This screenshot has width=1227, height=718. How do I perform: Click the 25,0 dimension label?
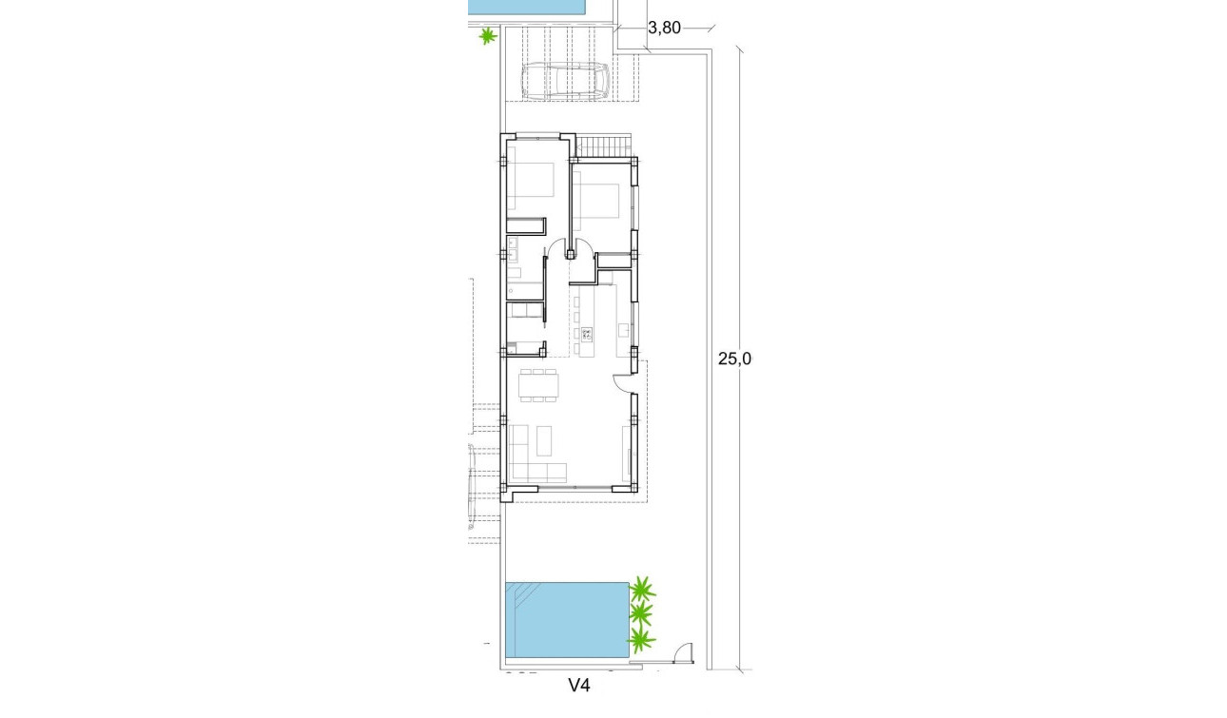pyautogui.click(x=734, y=359)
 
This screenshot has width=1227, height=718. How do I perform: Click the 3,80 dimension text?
pyautogui.click(x=663, y=28)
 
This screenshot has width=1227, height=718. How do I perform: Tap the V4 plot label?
pyautogui.click(x=580, y=684)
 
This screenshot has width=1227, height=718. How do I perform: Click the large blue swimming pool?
pyautogui.click(x=571, y=620)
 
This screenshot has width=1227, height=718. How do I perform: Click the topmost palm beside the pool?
pyautogui.click(x=643, y=587)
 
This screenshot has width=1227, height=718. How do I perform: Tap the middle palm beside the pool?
pyautogui.click(x=642, y=612)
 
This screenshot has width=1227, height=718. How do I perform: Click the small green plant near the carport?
pyautogui.click(x=487, y=37)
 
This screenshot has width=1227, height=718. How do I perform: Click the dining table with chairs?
pyautogui.click(x=538, y=385)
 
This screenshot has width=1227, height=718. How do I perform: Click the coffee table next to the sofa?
pyautogui.click(x=544, y=438)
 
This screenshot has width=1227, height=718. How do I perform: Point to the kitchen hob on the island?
pyautogui.click(x=586, y=334)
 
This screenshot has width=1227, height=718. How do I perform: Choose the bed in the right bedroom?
pyautogui.click(x=599, y=201)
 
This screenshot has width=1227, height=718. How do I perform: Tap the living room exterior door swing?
pyautogui.click(x=623, y=381)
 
